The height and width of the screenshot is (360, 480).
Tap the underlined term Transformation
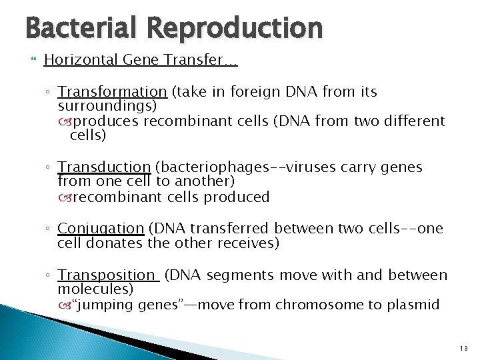(112, 91)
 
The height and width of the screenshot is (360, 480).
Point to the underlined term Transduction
(104, 167)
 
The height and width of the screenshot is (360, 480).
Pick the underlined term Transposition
(107, 275)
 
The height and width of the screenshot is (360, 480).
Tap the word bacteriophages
(219, 167)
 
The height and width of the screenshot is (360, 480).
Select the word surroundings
(105, 106)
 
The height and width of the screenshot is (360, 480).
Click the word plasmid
(415, 305)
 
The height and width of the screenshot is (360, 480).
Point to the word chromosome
(314, 305)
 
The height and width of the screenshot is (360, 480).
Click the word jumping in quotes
(107, 305)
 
